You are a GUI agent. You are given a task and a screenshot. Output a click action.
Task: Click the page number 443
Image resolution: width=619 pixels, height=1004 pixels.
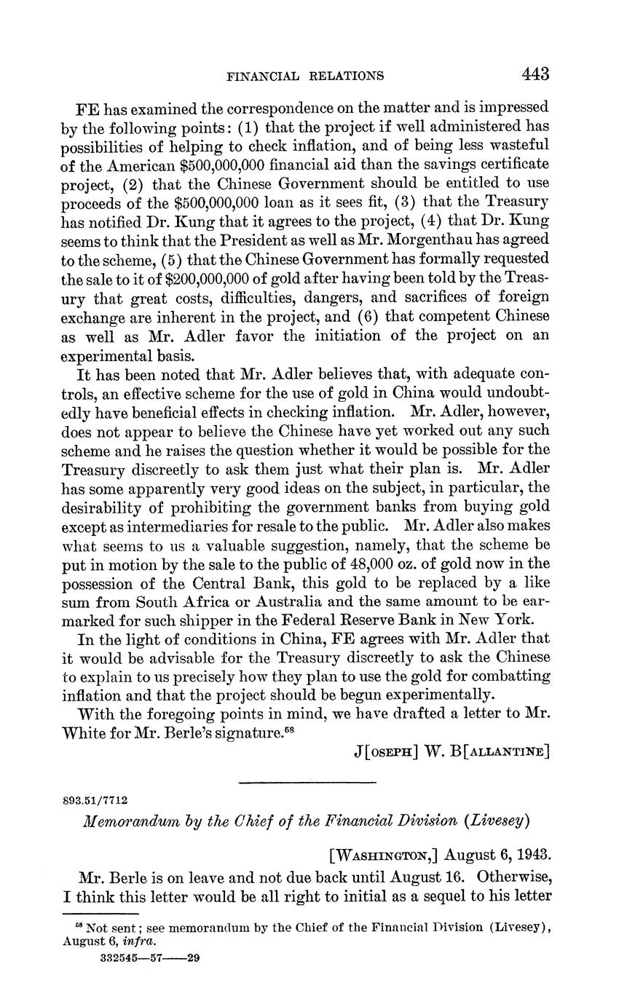[x=535, y=74]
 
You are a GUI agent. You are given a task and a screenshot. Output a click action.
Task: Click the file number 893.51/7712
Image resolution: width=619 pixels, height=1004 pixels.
[x=96, y=800]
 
